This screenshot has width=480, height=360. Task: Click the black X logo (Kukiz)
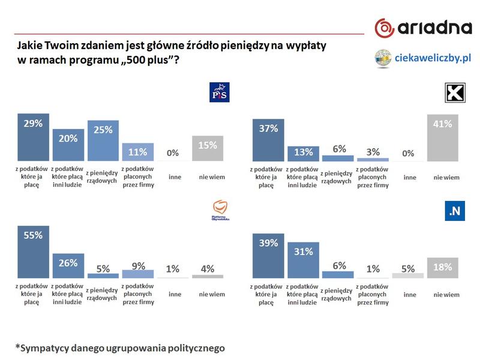coord(455,94)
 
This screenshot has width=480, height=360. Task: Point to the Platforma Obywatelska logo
coord(221,209)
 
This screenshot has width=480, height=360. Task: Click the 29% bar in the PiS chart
coord(33,137)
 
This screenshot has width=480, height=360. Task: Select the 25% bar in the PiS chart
coord(103,141)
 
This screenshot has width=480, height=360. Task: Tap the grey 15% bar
coord(208,148)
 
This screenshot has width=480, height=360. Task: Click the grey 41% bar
coord(442,137)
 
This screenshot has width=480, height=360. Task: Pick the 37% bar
coord(268,137)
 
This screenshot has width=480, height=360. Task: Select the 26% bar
coord(68,265)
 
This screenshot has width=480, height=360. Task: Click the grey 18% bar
coord(442,268)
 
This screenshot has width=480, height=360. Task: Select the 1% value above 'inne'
coord(173,269)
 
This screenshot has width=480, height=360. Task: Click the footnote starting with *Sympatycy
coord(121,347)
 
